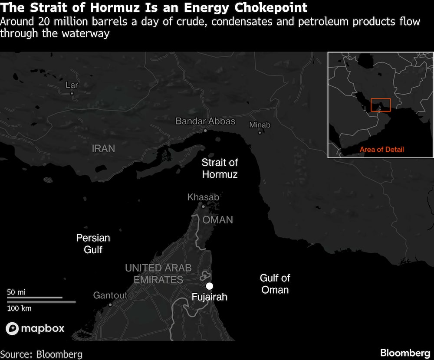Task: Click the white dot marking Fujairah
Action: (x=210, y=286)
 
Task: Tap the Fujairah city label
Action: (x=210, y=297)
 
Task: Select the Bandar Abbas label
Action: (x=205, y=121)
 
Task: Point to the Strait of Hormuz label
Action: (x=220, y=168)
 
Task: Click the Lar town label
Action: (x=72, y=85)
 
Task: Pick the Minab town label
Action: (x=260, y=125)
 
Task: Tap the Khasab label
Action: (x=203, y=197)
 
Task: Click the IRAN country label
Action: (x=104, y=148)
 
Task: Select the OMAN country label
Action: (x=218, y=220)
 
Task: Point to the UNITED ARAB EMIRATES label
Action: (x=158, y=274)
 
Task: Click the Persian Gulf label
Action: (x=93, y=243)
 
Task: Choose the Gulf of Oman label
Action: (x=275, y=284)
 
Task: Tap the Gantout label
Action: (x=110, y=296)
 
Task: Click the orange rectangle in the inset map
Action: (x=381, y=105)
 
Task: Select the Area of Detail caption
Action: (x=381, y=150)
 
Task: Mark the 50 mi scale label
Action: (x=16, y=292)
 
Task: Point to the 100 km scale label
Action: (x=20, y=308)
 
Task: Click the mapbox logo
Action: (x=35, y=328)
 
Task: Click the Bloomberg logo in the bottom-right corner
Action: (x=405, y=353)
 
